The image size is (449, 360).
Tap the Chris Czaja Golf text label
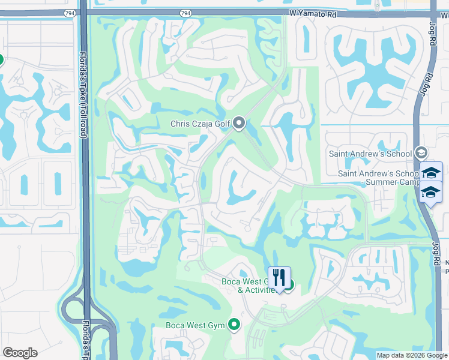tap(200, 124)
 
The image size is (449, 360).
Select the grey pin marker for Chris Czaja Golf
tap(239, 124)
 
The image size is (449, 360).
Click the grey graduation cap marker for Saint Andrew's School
tap(420, 154)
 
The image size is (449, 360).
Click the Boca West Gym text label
tap(195, 326)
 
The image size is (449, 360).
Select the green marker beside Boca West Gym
tap(234, 326)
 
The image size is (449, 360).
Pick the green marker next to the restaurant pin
tap(289, 285)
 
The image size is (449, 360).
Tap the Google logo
tap(20, 353)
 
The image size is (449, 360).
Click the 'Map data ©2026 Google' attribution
tap(412, 355)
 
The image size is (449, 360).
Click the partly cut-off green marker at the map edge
tap(1, 59)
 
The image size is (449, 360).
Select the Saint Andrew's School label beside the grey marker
tap(370, 154)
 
